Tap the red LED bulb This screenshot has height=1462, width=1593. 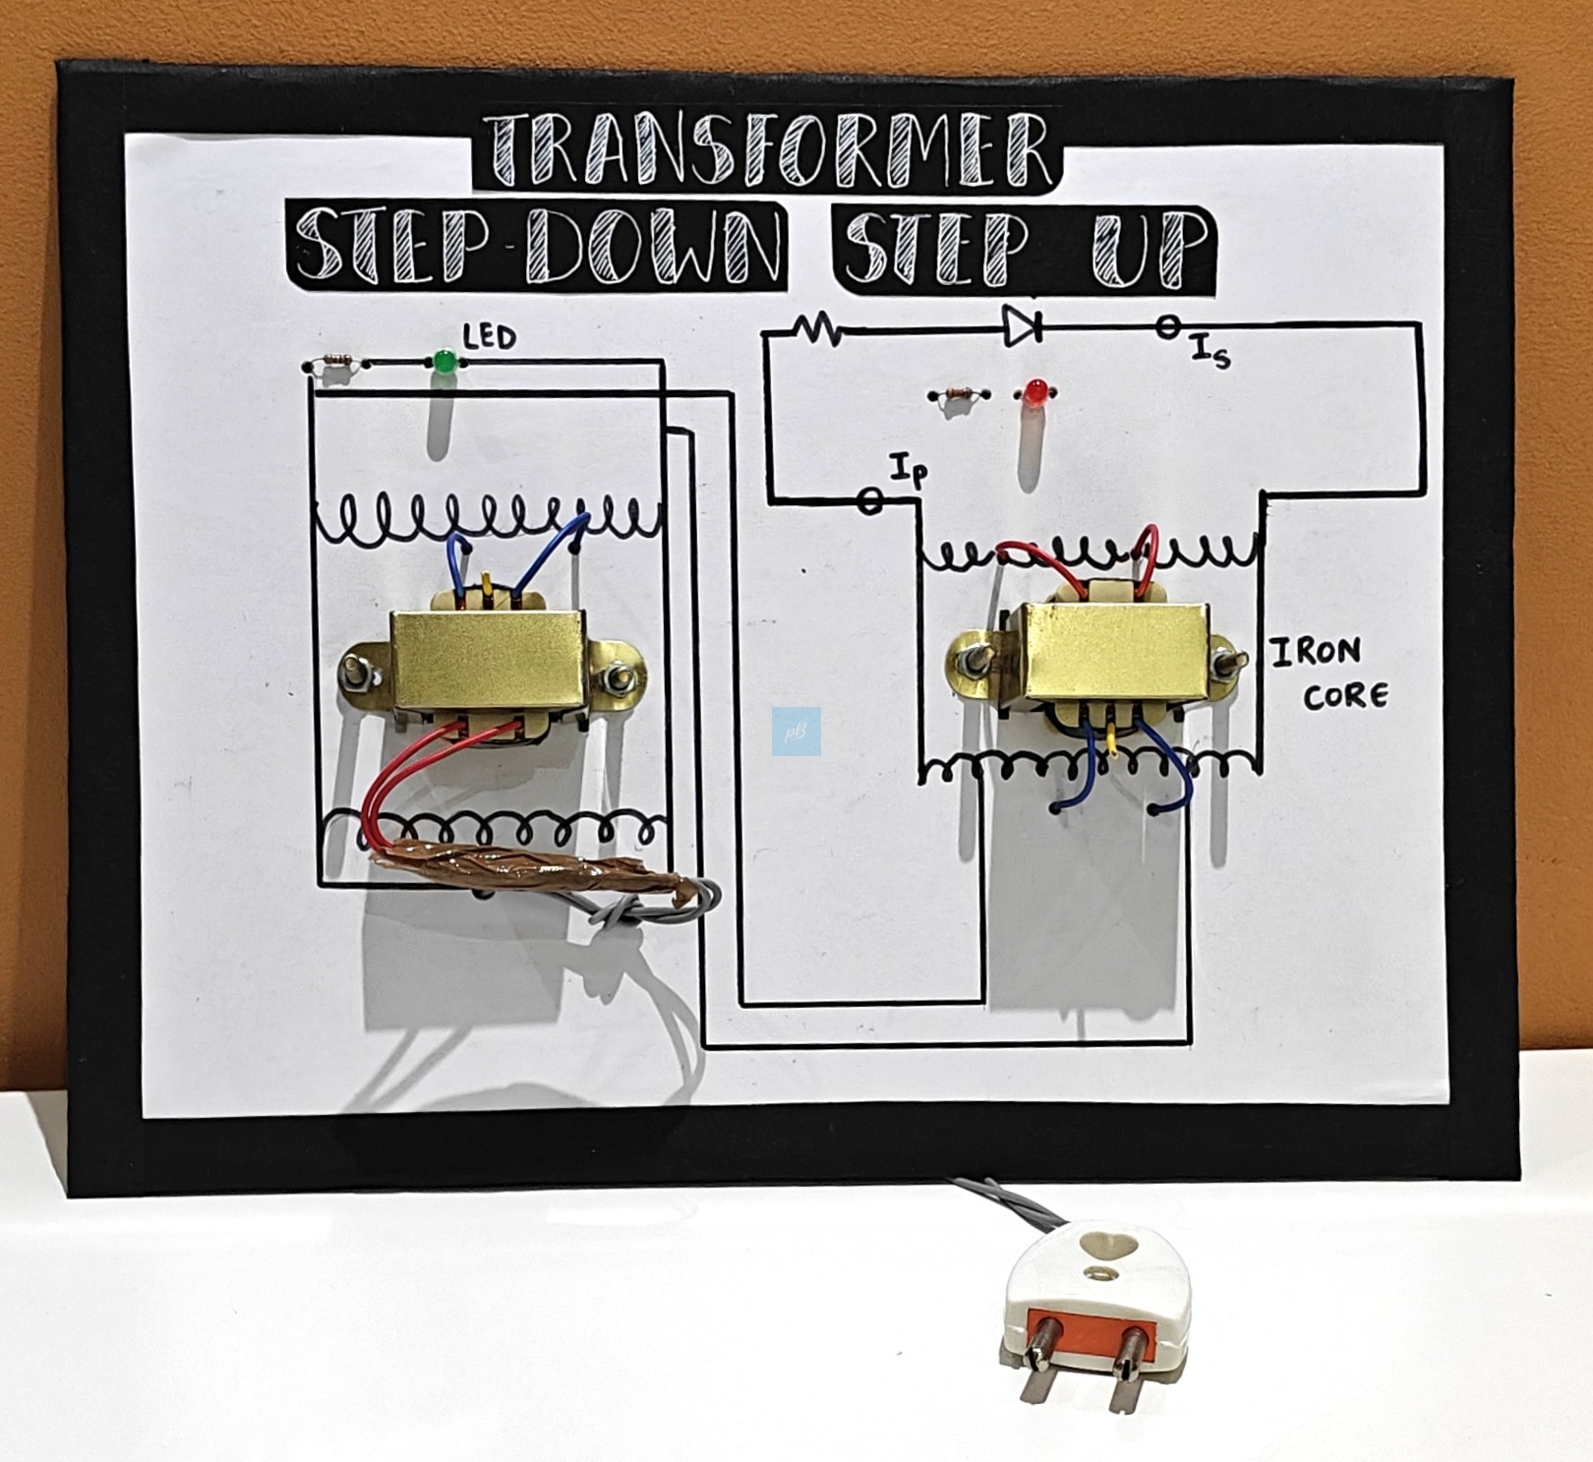point(1033,393)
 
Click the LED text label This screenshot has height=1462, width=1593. point(490,337)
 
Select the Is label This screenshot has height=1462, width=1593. point(1210,351)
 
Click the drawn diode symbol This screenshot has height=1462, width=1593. point(1022,325)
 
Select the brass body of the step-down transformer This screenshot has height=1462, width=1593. point(488,658)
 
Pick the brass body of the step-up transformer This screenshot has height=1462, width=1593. point(1114,653)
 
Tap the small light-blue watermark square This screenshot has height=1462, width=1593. point(796,731)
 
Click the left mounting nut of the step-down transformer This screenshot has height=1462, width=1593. point(356,673)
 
